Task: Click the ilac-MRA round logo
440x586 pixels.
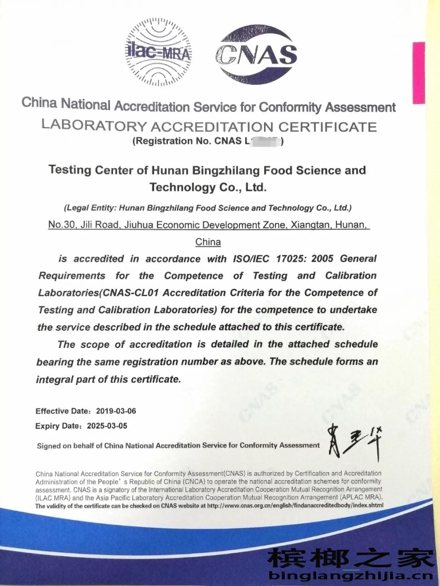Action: coord(159,53)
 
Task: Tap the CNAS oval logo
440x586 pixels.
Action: coord(256,54)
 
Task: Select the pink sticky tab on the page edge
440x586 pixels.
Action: coord(419,73)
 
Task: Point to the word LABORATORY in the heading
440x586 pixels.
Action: coord(94,126)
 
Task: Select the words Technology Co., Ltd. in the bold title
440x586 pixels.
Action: coord(208,187)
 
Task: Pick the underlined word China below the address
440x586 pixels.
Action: coord(208,241)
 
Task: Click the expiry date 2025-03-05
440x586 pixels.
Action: coord(107,426)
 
